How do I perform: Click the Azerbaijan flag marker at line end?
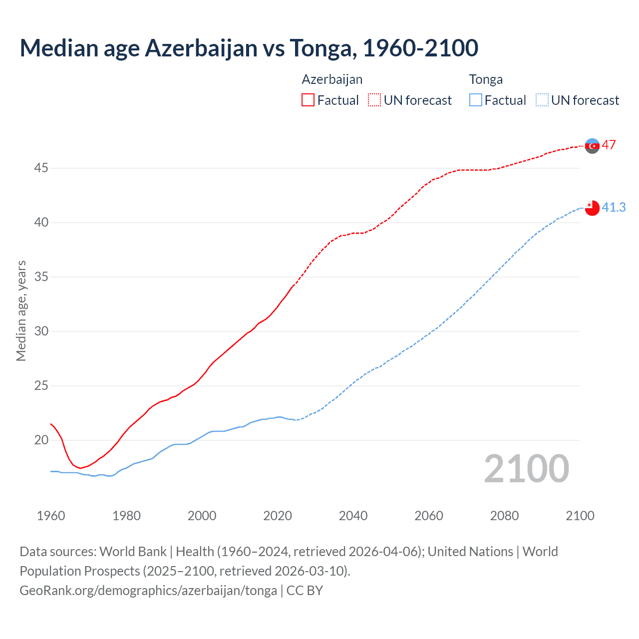click(x=592, y=146)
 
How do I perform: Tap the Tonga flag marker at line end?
click(x=592, y=208)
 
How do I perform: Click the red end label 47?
click(x=609, y=145)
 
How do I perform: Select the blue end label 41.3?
click(x=614, y=207)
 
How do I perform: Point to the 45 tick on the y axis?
click(x=41, y=168)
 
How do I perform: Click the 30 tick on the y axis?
click(x=41, y=331)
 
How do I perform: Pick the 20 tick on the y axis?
click(x=41, y=440)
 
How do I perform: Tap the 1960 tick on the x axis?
click(x=51, y=516)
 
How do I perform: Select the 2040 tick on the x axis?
click(x=353, y=516)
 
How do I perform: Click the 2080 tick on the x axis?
click(x=504, y=516)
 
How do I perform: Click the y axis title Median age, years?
click(x=21, y=311)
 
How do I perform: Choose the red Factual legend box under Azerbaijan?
click(x=308, y=100)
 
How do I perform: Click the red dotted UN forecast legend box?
click(x=374, y=100)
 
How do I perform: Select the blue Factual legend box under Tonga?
click(x=476, y=100)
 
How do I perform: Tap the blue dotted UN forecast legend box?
click(x=542, y=100)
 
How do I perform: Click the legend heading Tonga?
click(x=486, y=80)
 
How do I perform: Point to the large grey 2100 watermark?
click(x=526, y=469)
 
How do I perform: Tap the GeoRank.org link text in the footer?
click(x=148, y=591)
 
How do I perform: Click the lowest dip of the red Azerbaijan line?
click(x=80, y=468)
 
